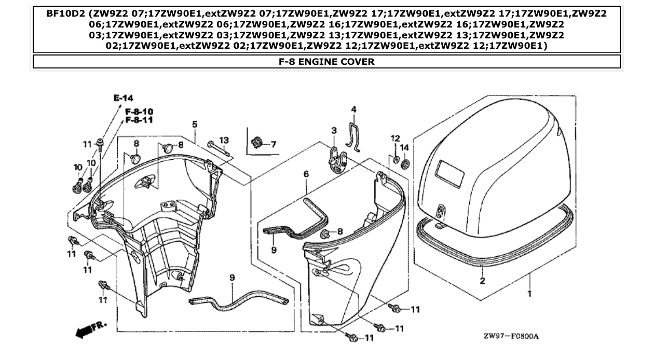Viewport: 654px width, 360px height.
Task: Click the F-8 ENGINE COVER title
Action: pos(326,62)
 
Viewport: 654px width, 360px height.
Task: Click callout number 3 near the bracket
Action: pos(334,130)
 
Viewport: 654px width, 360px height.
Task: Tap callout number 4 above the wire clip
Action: pos(353,109)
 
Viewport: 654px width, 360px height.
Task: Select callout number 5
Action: pos(195,124)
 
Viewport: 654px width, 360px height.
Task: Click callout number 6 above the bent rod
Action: pos(306,174)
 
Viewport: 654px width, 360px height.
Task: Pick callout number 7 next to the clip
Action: pos(273,144)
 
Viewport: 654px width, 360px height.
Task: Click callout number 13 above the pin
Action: pos(224,140)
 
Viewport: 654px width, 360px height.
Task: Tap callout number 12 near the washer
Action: pos(396,138)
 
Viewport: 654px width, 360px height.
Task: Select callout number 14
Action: pos(405,148)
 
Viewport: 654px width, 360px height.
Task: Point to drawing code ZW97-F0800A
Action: pos(511,336)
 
